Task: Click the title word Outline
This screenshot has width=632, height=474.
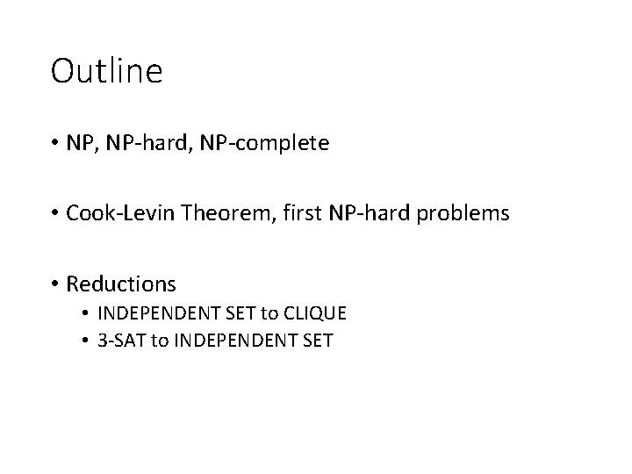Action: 106,72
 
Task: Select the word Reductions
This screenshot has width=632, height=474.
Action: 121,284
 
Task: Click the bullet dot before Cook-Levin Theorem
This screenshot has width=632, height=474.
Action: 55,214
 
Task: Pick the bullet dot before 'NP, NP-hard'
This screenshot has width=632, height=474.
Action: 55,143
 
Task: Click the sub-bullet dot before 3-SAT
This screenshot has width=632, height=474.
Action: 88,341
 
